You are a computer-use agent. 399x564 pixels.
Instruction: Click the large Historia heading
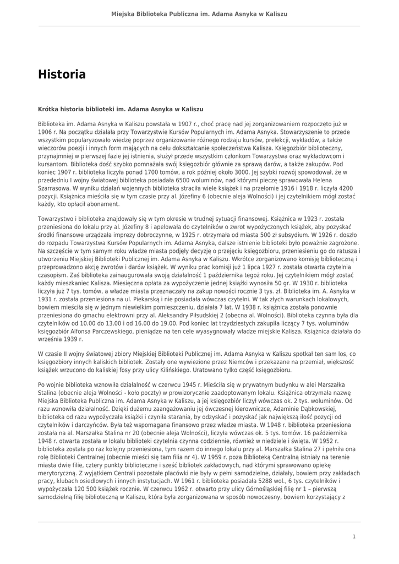[x=62, y=74]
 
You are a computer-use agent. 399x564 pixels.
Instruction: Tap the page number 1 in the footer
[x=354, y=536]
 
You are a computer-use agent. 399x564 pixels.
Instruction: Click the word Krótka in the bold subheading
[x=48, y=110]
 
